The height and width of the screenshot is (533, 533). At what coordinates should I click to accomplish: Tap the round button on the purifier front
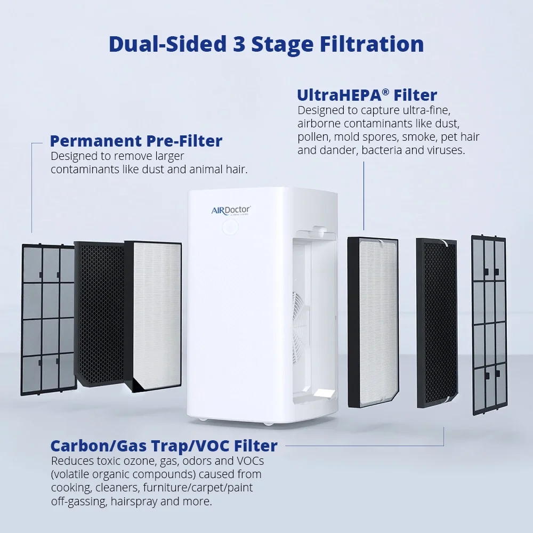[x=229, y=228]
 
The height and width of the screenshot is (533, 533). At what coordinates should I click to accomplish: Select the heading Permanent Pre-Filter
[x=135, y=141]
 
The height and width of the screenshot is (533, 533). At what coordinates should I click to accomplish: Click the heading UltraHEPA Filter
[x=367, y=95]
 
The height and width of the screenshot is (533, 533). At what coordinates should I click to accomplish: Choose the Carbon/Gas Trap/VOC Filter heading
[x=164, y=446]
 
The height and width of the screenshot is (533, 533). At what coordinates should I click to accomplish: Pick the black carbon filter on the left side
[x=100, y=314]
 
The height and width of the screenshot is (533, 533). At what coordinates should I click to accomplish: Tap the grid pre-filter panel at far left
[x=47, y=320]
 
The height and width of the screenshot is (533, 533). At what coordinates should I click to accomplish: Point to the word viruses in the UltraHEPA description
[x=447, y=150]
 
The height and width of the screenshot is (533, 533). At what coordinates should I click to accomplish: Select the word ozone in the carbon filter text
[x=134, y=460]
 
